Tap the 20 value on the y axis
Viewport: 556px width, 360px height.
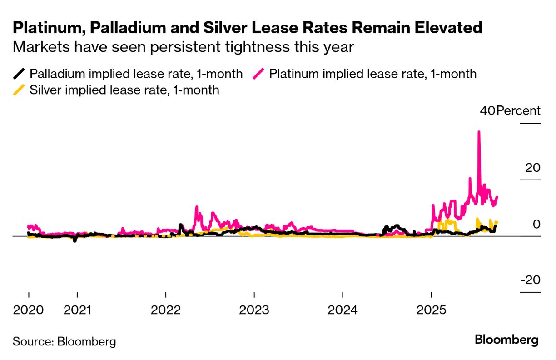(x=532, y=168)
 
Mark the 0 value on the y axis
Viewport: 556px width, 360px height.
(x=536, y=225)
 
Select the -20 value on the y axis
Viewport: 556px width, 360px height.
(x=530, y=280)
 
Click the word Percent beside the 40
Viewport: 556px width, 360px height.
(x=518, y=111)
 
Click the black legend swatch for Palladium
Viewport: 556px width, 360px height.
(x=19, y=74)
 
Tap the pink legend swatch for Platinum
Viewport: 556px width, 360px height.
(x=259, y=74)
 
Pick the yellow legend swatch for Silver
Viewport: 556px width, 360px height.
(x=19, y=90)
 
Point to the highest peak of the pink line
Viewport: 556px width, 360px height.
(x=479, y=132)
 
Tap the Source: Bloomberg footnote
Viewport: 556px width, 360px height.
(x=64, y=341)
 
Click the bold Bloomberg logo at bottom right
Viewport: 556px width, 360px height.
(x=506, y=340)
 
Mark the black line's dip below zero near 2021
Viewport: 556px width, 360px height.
(x=75, y=241)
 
